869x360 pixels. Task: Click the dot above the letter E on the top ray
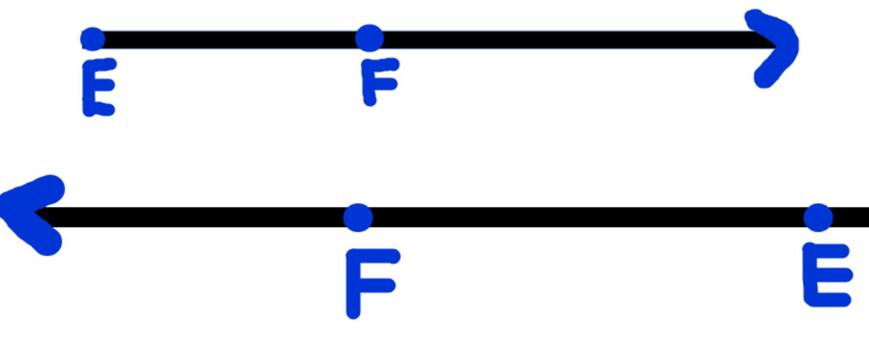pyautogui.click(x=93, y=39)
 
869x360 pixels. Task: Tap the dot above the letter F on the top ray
pyautogui.click(x=369, y=38)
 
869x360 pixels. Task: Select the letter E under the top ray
pyautogui.click(x=98, y=87)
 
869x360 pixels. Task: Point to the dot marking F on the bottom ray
pyautogui.click(x=358, y=217)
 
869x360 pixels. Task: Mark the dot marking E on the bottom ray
pyautogui.click(x=818, y=217)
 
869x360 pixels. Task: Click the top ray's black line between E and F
pyautogui.click(x=229, y=40)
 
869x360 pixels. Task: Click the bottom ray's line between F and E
pyautogui.click(x=587, y=217)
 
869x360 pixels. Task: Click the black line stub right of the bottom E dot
pyautogui.click(x=852, y=217)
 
